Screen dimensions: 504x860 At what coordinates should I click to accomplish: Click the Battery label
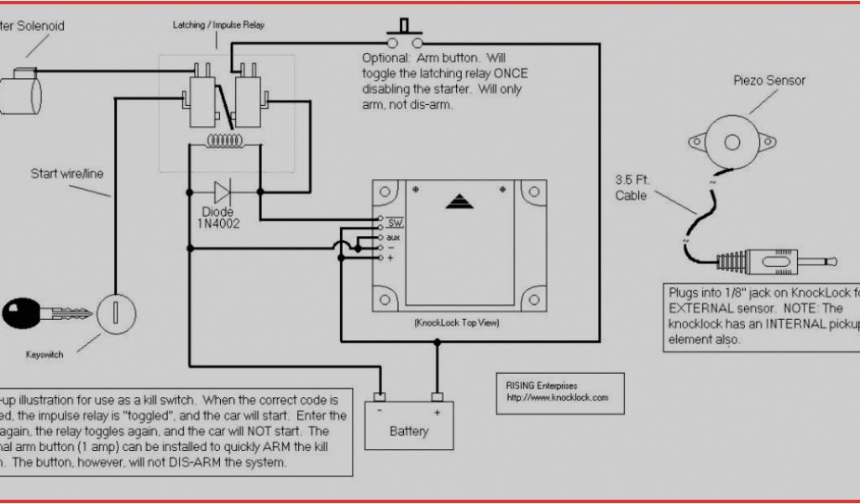point(409,432)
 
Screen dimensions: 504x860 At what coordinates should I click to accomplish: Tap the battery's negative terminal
point(380,397)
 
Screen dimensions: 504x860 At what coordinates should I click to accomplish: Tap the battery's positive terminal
point(437,397)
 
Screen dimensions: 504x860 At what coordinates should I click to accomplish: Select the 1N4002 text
point(218,225)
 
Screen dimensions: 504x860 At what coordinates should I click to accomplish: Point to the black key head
point(21,315)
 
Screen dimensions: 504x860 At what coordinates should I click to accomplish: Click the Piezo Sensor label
point(768,81)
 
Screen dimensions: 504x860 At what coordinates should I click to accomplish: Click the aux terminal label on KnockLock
point(393,237)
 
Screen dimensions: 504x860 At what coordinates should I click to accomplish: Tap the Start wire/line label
point(67,174)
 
